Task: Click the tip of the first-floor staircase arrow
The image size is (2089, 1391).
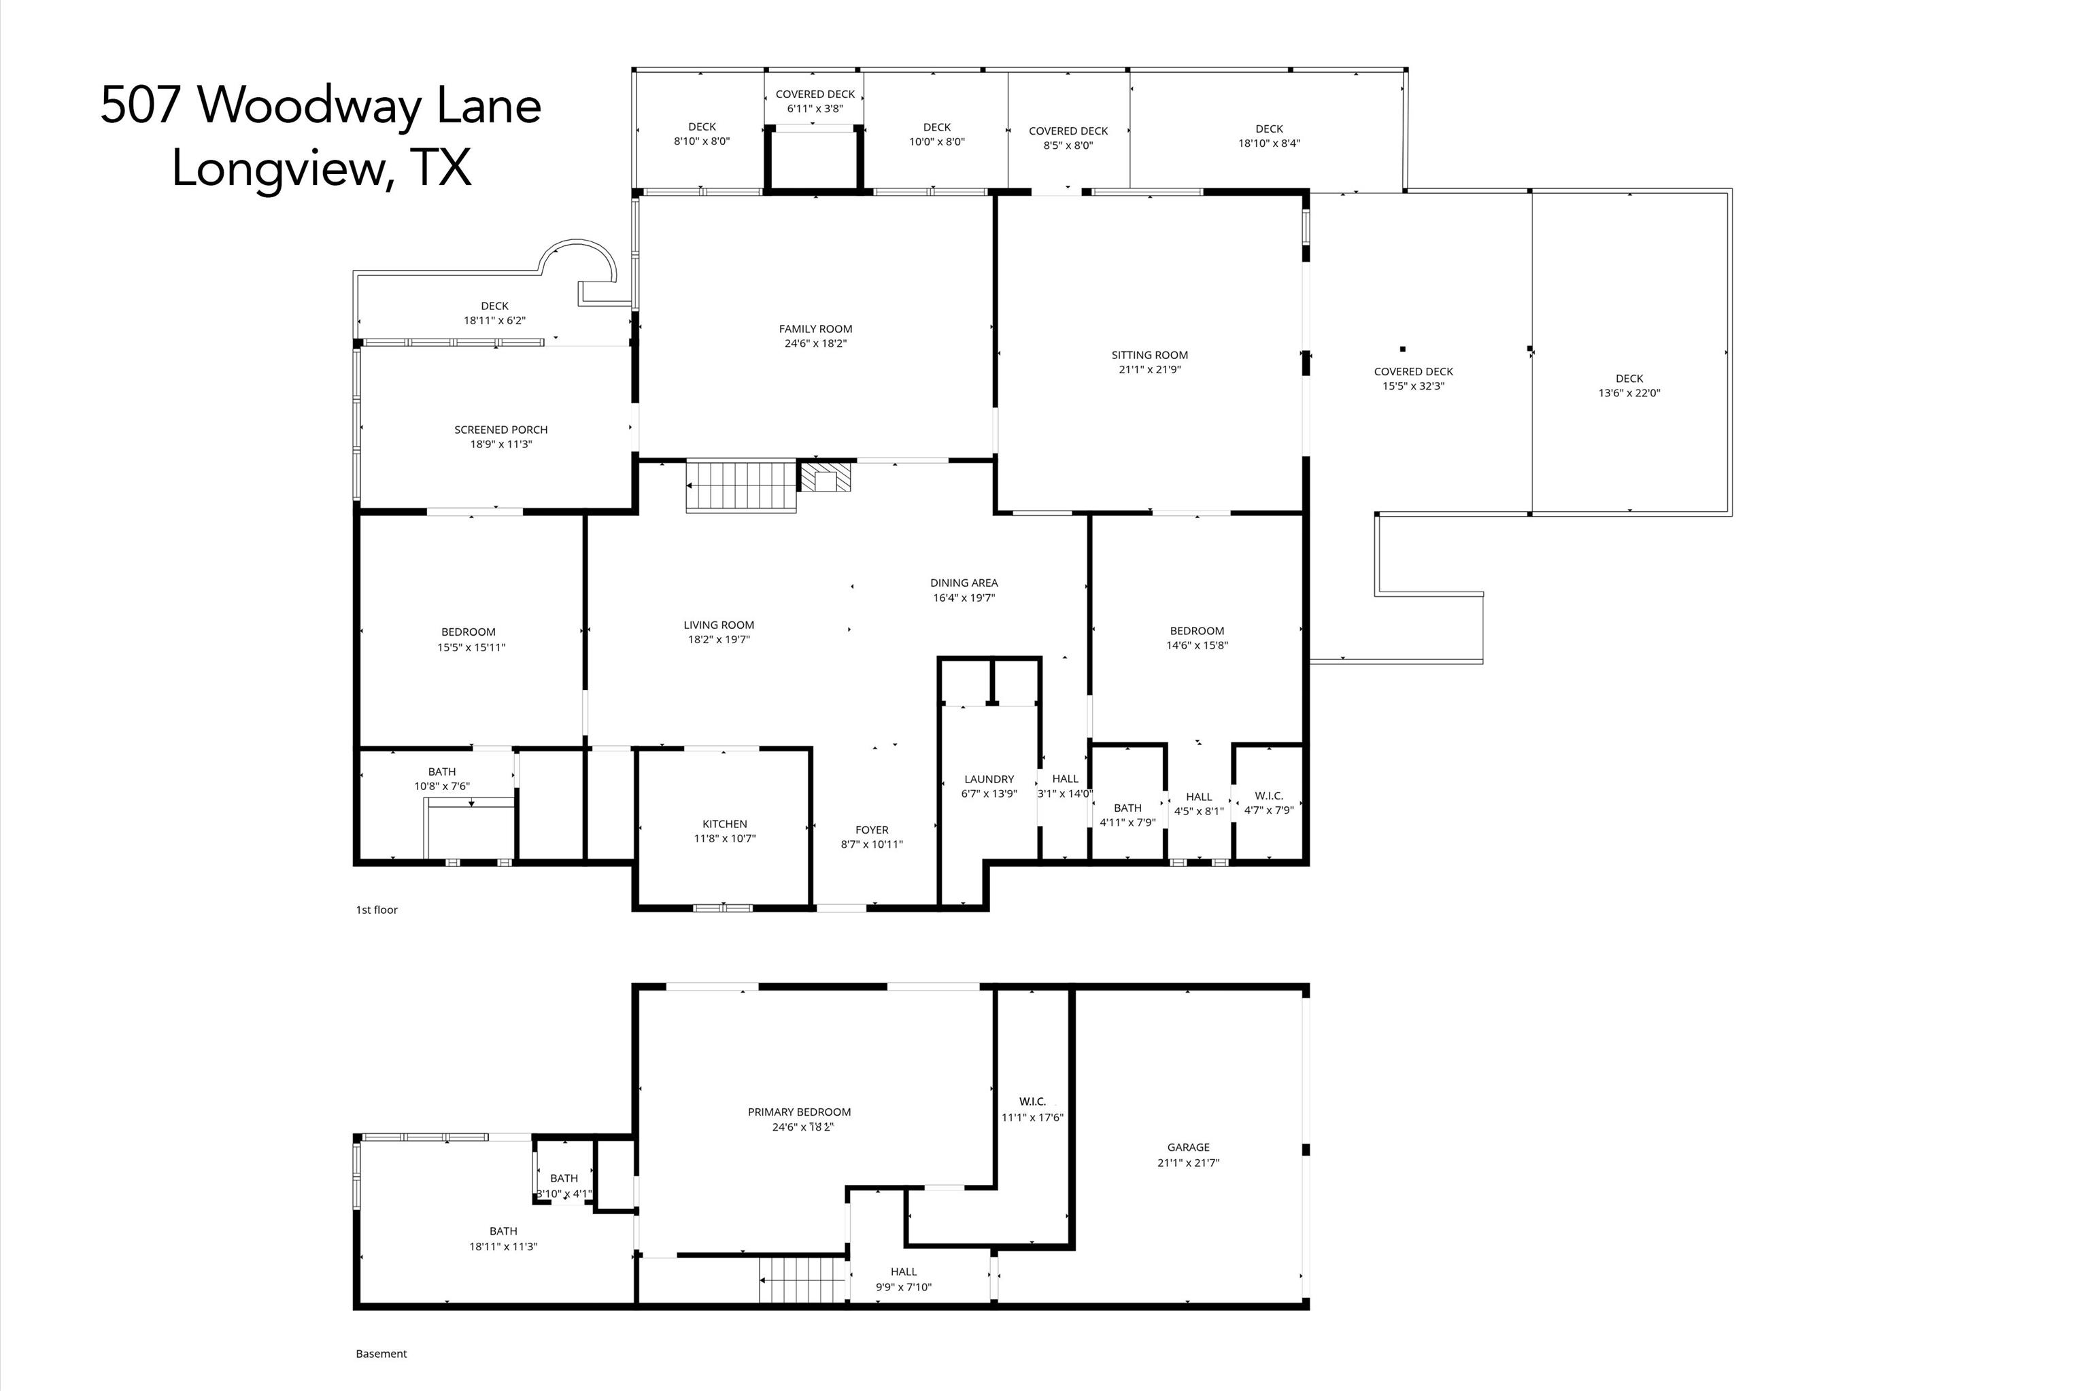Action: point(687,485)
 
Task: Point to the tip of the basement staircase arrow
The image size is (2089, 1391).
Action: point(760,1280)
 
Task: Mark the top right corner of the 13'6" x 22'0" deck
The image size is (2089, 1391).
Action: point(1731,189)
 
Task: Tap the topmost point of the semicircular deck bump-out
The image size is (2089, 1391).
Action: point(577,239)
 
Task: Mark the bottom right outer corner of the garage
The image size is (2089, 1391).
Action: point(1309,1309)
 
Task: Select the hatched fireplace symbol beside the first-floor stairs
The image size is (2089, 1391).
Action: point(826,477)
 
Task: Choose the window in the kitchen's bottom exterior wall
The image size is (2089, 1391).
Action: point(723,908)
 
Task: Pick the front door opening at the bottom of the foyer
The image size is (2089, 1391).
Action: point(841,908)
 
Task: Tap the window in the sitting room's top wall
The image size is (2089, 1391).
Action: point(1148,192)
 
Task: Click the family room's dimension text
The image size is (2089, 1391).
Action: point(815,343)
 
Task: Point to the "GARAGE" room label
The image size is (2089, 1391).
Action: point(1188,1147)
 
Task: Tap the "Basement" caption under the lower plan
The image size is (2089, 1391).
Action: point(381,1354)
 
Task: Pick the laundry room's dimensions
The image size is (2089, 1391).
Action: point(988,793)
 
